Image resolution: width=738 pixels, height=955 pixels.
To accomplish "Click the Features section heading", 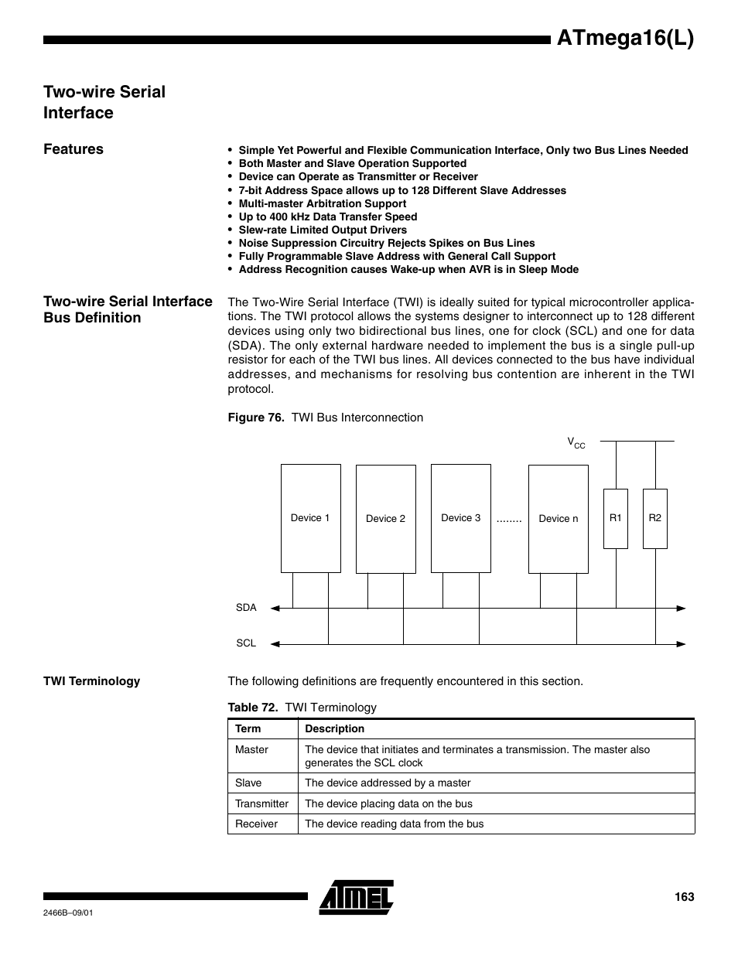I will pyautogui.click(x=73, y=149).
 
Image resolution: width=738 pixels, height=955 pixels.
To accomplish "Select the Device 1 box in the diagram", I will pyautogui.click(x=310, y=518).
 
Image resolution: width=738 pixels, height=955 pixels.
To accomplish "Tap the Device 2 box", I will pyautogui.click(x=385, y=519).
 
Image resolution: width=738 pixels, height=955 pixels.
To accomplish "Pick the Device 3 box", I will pyautogui.click(x=460, y=518).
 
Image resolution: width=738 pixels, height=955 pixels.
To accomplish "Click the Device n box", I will pyautogui.click(x=558, y=519).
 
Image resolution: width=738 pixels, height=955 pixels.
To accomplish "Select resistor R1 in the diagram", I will pyautogui.click(x=615, y=518).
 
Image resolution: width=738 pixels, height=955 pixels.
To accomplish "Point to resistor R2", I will pyautogui.click(x=654, y=518).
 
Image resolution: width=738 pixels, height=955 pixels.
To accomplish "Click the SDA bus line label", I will pyautogui.click(x=246, y=608).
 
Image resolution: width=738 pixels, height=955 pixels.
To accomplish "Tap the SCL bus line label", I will pyautogui.click(x=246, y=643).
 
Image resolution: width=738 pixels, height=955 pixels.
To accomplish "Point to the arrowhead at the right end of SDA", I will pyautogui.click(x=682, y=609).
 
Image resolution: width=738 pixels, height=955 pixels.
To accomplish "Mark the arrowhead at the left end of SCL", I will pyautogui.click(x=275, y=643).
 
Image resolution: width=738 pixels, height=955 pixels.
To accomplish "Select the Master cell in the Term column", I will pyautogui.click(x=252, y=749).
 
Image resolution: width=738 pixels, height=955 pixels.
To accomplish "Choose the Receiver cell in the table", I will pyautogui.click(x=256, y=824).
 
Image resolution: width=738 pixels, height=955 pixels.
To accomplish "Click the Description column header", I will pyautogui.click(x=334, y=728).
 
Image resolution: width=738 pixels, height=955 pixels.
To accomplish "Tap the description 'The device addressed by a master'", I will pyautogui.click(x=388, y=783).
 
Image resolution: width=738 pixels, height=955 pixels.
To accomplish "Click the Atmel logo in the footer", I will pyautogui.click(x=357, y=897).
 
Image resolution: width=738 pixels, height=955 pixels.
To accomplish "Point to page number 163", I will pyautogui.click(x=684, y=897).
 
